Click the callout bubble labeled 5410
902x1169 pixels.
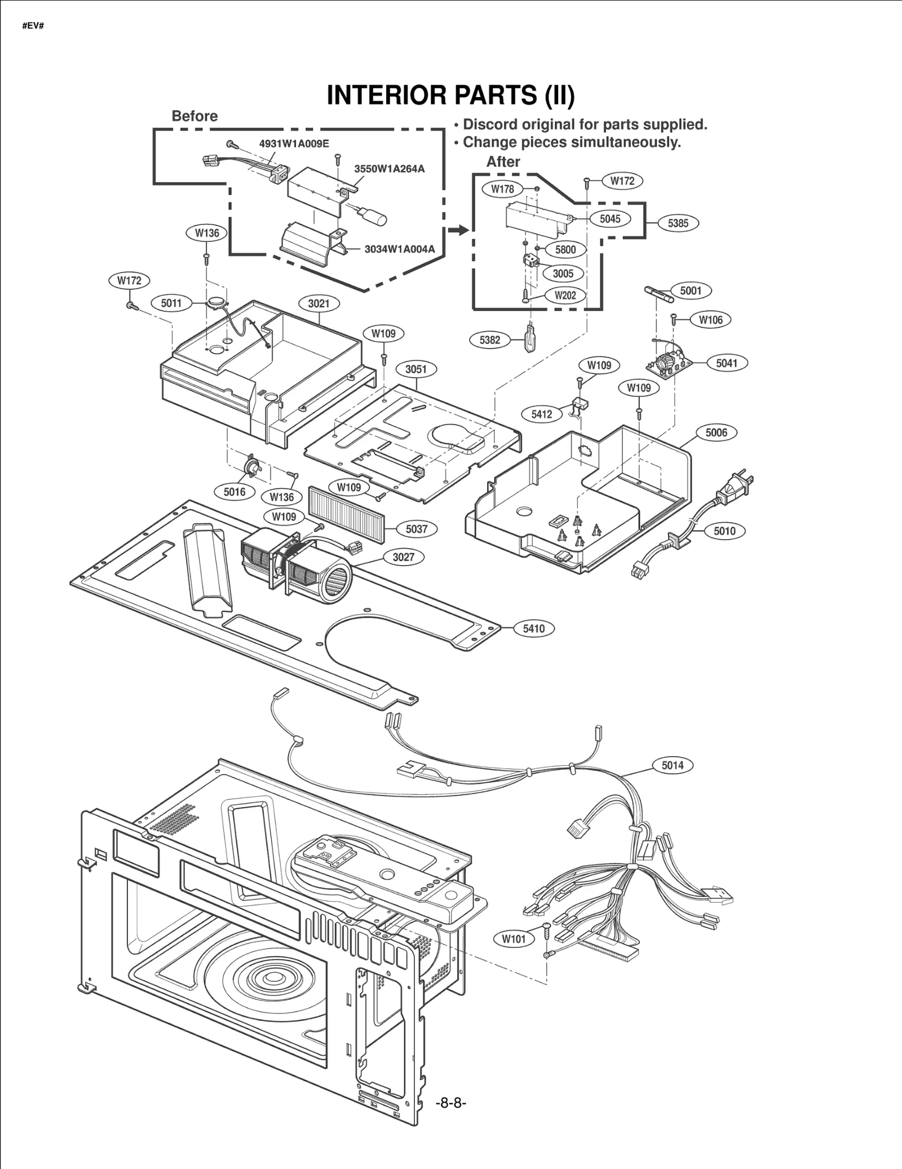(x=533, y=628)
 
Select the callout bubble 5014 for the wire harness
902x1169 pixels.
(x=673, y=765)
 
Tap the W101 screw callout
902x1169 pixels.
(x=514, y=939)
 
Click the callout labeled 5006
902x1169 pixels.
(x=716, y=433)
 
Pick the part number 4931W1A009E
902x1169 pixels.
(x=294, y=143)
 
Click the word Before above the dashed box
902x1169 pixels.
(x=194, y=116)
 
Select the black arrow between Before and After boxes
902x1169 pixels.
(x=460, y=230)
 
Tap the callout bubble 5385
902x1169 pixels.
(x=678, y=223)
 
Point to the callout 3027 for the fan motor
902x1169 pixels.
(x=403, y=557)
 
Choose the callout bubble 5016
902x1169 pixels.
(x=235, y=492)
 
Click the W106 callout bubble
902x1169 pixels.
(x=710, y=320)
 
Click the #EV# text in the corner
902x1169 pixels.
(x=33, y=27)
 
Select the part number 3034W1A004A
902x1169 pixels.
(x=399, y=249)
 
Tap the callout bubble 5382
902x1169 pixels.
(x=489, y=340)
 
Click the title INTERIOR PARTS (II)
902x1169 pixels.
(x=450, y=95)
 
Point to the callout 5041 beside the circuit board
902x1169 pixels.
(x=727, y=363)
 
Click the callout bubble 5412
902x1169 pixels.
(x=541, y=414)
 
